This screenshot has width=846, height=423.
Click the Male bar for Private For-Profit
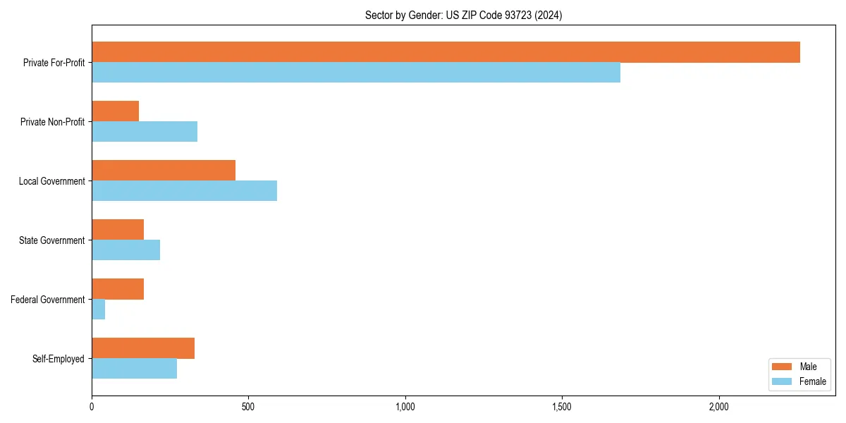point(446,52)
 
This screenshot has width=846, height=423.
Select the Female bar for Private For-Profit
point(356,73)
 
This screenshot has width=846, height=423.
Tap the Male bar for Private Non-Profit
point(115,111)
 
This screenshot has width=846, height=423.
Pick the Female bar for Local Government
point(184,191)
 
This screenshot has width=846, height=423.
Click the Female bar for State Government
point(125,250)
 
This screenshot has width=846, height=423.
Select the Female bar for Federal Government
point(99,309)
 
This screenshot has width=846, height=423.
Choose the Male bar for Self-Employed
point(143,348)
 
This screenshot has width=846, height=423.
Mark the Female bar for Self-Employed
point(134,369)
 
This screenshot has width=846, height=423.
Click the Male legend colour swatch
point(783,367)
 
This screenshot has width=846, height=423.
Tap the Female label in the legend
point(812,381)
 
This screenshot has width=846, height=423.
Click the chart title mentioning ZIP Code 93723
point(463,15)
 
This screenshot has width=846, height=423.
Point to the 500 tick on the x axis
point(248,407)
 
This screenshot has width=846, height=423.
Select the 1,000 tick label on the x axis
point(405,407)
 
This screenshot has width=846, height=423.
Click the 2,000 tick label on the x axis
point(718,407)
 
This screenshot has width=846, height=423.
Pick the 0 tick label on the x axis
point(92,407)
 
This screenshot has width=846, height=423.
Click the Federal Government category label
point(48,300)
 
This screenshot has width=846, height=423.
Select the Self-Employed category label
point(59,359)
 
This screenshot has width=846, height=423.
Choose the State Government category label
point(51,240)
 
